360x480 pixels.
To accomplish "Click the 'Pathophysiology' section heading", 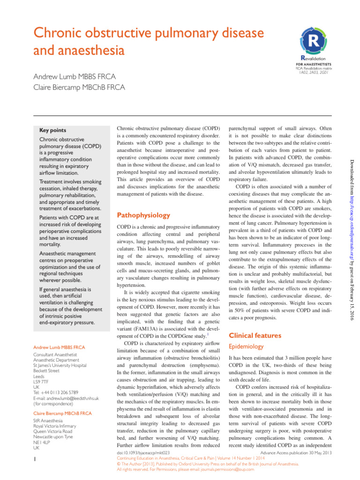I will (143, 215).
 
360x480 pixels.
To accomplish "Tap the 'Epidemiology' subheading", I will (247, 346).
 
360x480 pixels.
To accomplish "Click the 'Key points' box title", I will (52, 130).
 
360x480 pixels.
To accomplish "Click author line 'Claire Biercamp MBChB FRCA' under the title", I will (78, 87).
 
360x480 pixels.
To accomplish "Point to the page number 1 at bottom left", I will (35, 461).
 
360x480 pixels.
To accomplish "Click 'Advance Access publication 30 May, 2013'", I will (296, 453).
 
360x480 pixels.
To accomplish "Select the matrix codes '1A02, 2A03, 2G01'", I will (314, 73).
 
